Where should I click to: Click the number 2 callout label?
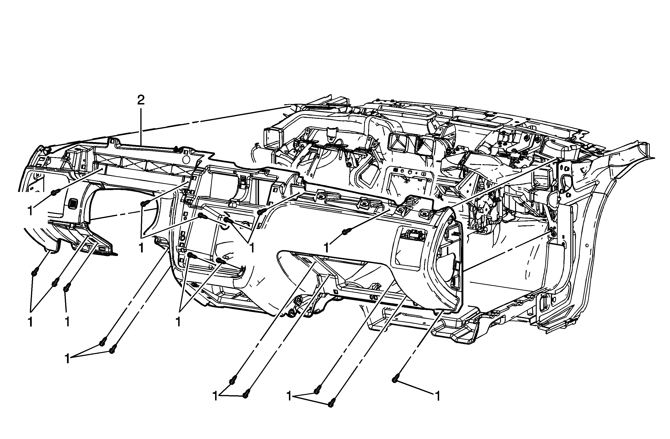click(x=141, y=100)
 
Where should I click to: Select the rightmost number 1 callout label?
click(x=437, y=396)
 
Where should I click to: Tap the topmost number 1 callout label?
click(x=30, y=211)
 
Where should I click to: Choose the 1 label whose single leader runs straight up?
click(x=67, y=322)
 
